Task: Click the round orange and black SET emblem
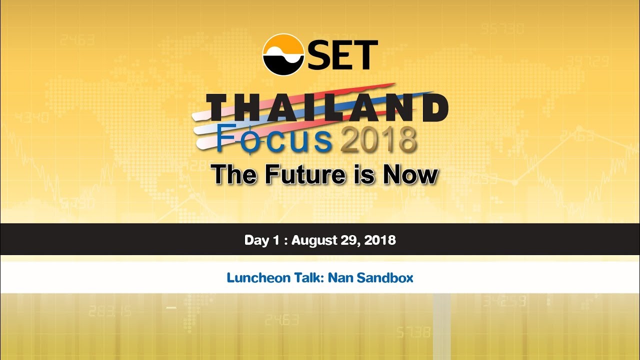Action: pos(283,54)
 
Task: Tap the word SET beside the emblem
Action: pos(342,54)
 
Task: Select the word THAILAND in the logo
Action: pos(327,107)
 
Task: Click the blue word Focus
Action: pos(274,139)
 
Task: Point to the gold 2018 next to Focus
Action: pos(378,140)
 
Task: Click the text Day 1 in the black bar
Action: pos(261,240)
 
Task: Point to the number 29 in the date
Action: pos(350,240)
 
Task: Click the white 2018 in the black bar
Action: pos(380,240)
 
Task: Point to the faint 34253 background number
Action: pos(504,301)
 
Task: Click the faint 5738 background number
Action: pos(413,332)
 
